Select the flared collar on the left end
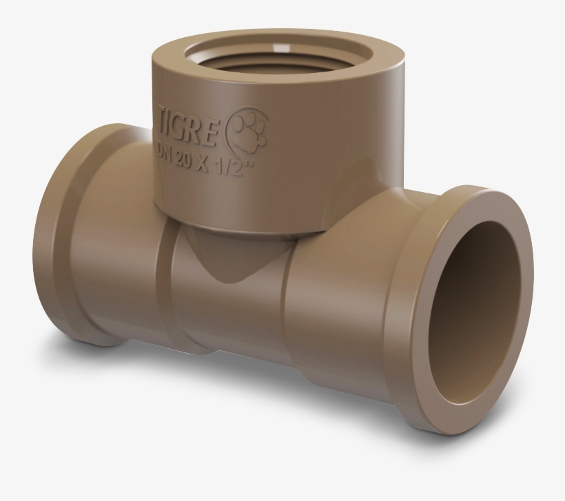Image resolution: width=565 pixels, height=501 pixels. point(55,234)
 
